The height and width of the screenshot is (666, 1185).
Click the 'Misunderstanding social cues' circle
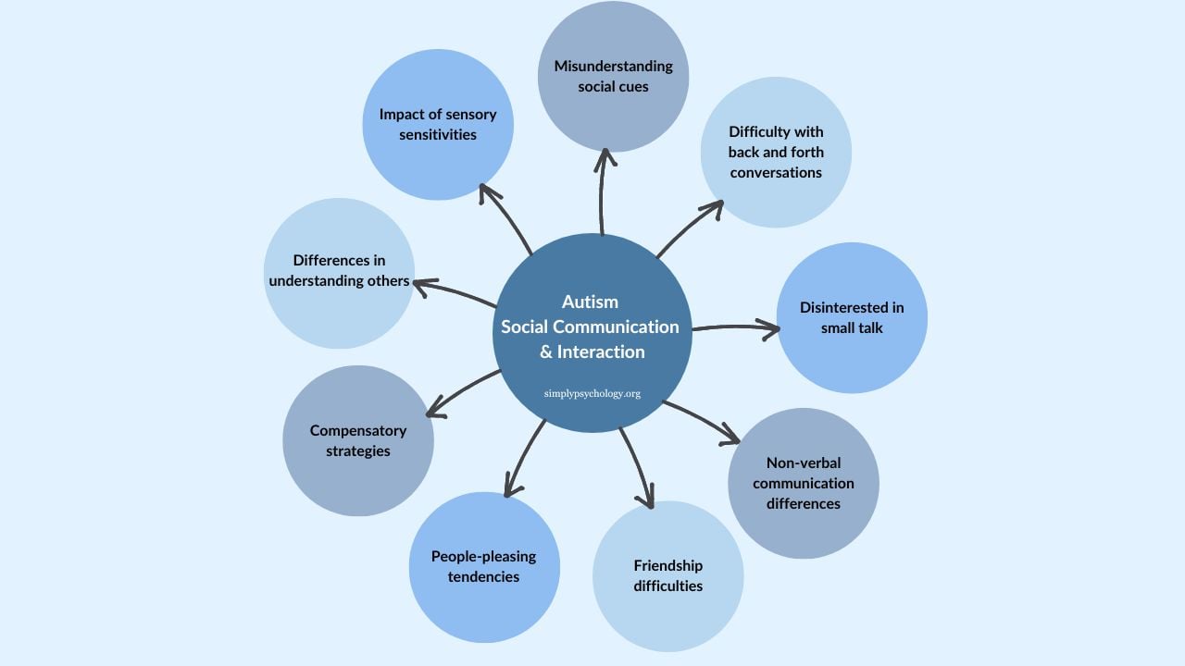tap(613, 76)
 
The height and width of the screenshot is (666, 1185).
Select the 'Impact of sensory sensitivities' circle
tap(438, 124)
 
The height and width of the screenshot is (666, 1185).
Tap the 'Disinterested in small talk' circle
tap(852, 317)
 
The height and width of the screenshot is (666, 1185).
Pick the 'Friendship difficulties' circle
tap(667, 575)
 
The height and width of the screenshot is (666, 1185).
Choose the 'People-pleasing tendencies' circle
tap(484, 566)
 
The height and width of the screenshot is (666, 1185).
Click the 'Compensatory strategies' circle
tap(358, 440)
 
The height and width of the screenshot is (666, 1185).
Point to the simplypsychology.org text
tap(592, 393)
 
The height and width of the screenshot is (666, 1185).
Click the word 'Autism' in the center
tap(590, 302)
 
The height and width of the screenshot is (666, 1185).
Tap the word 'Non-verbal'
tap(803, 462)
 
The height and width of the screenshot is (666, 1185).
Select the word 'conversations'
tap(776, 172)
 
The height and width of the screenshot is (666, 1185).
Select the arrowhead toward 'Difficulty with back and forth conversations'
tap(715, 207)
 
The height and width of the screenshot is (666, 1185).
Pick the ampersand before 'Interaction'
tap(546, 351)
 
